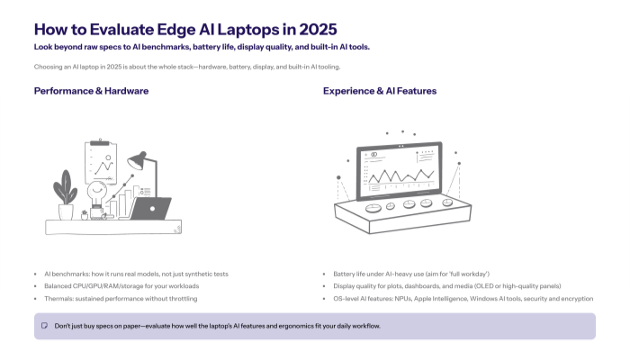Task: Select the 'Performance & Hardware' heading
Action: (x=92, y=91)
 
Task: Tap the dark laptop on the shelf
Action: (x=149, y=209)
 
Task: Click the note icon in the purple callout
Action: (x=44, y=325)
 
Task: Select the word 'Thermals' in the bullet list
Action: (x=59, y=298)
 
